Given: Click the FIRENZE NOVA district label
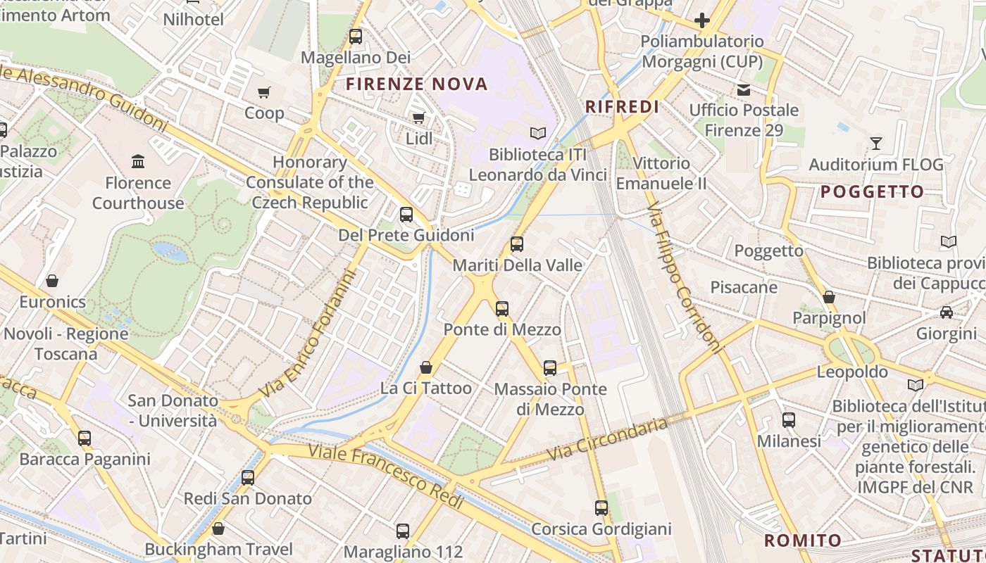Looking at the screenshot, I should click(x=417, y=84).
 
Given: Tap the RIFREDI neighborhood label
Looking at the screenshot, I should click(x=623, y=107).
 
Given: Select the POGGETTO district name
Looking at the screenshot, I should click(x=872, y=192).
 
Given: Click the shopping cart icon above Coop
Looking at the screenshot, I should click(x=264, y=92).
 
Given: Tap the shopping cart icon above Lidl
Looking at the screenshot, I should click(x=418, y=118).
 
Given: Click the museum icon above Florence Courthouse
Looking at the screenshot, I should click(x=138, y=162).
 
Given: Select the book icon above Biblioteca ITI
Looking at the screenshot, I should click(x=538, y=133).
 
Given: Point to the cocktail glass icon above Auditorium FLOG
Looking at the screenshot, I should click(x=875, y=144).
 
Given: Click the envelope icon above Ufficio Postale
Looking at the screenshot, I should click(x=744, y=89).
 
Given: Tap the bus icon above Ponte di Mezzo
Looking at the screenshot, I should click(x=501, y=308).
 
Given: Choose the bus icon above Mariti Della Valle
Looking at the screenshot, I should click(x=517, y=244).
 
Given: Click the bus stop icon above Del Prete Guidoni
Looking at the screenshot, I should click(x=406, y=214).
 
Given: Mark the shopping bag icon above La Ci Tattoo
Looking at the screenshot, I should click(x=426, y=367).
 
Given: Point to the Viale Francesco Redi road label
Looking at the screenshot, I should click(x=387, y=476).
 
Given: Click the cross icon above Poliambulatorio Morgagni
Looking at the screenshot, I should click(x=701, y=20).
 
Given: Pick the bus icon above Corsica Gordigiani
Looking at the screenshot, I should click(x=601, y=507).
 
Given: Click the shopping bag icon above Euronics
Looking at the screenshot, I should click(x=52, y=281).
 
